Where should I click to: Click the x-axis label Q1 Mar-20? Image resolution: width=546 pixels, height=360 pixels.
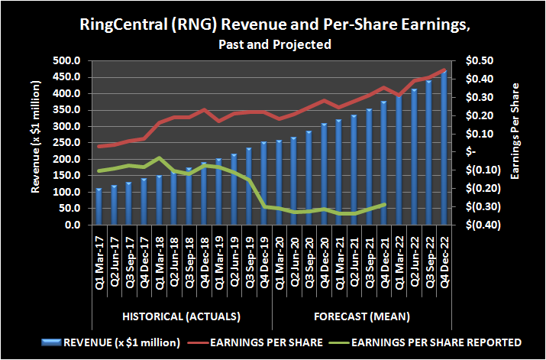279,258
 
